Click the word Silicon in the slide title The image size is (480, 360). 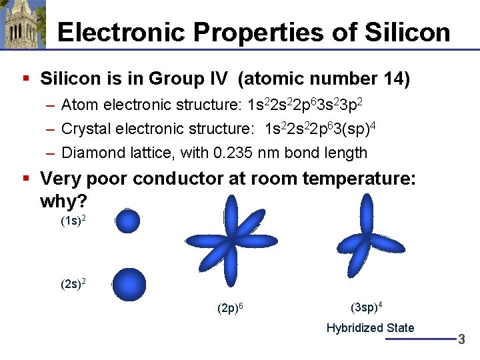pos(411,32)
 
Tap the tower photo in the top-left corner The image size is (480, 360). pos(23,25)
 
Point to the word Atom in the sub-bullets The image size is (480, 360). pos(77,105)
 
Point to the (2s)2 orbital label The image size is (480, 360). pos(73,285)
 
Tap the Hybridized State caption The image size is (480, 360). pos(370,328)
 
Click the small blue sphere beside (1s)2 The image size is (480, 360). pos(127,221)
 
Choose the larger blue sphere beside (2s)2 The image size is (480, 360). pos(129,285)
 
